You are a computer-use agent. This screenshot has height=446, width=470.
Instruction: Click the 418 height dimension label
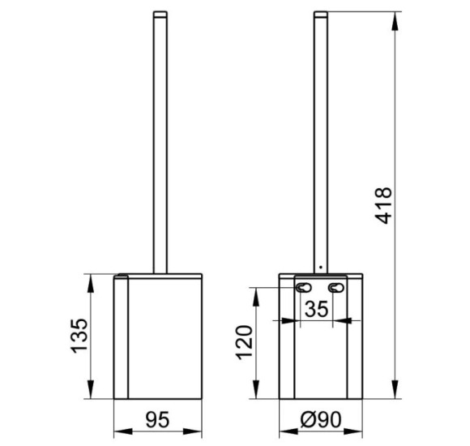(x=383, y=205)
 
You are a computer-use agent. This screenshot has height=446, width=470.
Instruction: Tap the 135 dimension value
(x=79, y=336)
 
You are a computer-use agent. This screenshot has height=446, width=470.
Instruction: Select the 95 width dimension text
(x=158, y=419)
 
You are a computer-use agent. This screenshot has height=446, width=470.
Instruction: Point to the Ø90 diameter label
(x=321, y=419)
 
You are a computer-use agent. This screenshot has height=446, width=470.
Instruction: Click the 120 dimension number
(x=244, y=342)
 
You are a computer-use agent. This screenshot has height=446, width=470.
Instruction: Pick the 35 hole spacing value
(x=317, y=309)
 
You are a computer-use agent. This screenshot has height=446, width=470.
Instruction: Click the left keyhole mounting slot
(x=303, y=288)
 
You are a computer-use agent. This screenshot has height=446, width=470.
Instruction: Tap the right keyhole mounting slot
(x=335, y=288)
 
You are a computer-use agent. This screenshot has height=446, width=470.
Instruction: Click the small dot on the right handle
(x=321, y=267)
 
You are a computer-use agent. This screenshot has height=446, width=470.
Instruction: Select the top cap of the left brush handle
(x=160, y=14)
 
